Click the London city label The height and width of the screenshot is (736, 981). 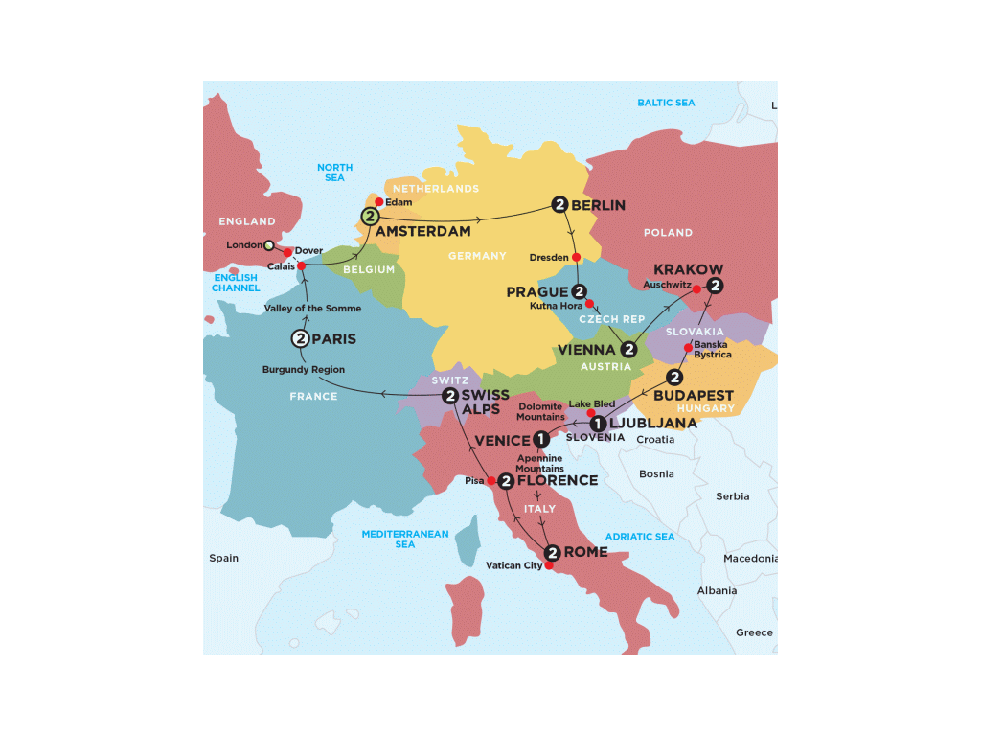coord(243,245)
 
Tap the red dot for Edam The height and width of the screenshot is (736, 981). coord(379,202)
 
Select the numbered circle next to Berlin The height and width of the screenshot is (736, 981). coord(559,204)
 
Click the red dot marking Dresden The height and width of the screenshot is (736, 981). coord(577,257)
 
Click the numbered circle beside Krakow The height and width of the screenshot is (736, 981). coord(714,285)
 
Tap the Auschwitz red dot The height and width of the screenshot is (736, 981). coord(697,288)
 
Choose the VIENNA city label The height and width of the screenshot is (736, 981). coord(586,351)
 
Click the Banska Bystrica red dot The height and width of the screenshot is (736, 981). coord(688,347)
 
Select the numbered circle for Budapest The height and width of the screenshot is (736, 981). coord(674,378)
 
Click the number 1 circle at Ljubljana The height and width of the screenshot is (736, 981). coord(597,423)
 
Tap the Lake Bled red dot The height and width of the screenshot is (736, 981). coord(591,413)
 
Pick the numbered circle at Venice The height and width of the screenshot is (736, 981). coord(541,440)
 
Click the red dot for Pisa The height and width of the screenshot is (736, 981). coord(491,480)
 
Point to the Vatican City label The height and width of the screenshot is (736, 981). coord(514,565)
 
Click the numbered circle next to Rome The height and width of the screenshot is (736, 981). coord(552,552)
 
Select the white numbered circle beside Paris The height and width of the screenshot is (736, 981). coord(300,338)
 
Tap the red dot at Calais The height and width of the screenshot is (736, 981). coord(302,266)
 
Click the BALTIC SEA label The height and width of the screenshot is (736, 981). coord(666,103)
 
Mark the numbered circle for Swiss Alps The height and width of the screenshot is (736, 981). coord(449,395)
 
